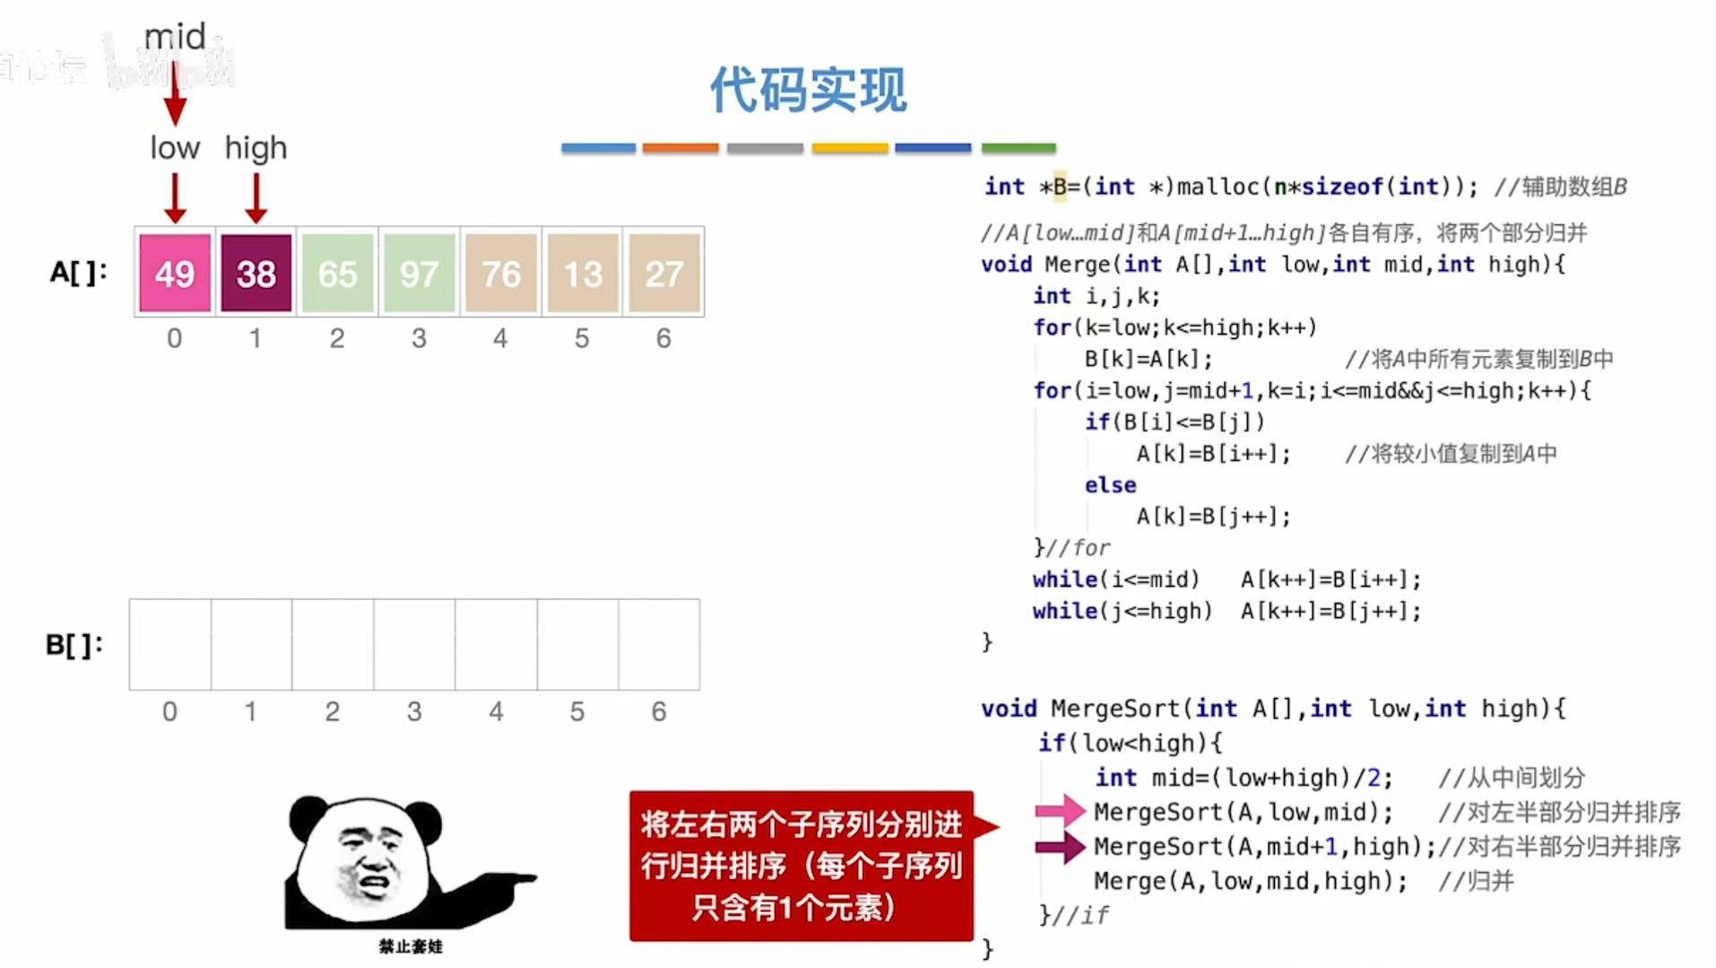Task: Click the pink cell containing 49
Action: [175, 273]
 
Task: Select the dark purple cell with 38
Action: [256, 273]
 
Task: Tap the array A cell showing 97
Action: [419, 273]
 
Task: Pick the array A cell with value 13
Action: [583, 273]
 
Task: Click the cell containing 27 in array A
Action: [664, 273]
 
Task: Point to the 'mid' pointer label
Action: [175, 37]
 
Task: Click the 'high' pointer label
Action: [256, 148]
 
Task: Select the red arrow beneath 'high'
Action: [256, 197]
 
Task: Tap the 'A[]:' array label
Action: [78, 272]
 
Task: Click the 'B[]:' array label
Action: [74, 644]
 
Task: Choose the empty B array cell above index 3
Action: [414, 644]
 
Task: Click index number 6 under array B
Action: [659, 711]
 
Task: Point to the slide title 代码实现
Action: [808, 90]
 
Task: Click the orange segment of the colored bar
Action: [680, 148]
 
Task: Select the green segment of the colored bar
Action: [1018, 148]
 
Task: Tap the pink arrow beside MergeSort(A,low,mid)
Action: [1060, 811]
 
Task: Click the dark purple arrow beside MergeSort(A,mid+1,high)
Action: [1060, 846]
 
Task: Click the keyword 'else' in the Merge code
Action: [1110, 485]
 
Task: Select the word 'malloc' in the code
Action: [1218, 187]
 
